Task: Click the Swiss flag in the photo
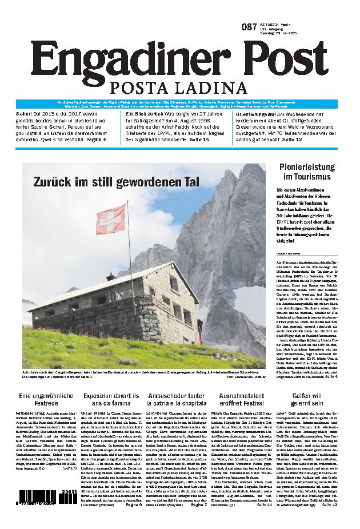(x=110, y=219)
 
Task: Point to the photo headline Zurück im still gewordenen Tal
(x=116, y=182)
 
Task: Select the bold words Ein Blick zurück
(x=145, y=114)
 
